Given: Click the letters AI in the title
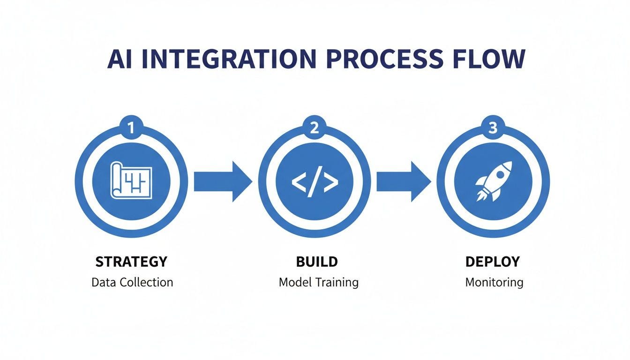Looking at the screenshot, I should click(119, 59).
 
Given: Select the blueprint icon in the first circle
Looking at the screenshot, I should click(131, 180).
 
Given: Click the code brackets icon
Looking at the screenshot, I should click(315, 181).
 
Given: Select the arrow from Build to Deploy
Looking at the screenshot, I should click(403, 181).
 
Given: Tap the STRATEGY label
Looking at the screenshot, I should click(131, 262).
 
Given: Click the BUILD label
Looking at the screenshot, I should click(317, 262).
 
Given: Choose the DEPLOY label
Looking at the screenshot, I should click(493, 262).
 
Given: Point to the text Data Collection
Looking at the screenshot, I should click(132, 282).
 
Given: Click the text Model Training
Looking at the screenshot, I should click(318, 282).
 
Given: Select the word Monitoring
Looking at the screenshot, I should click(494, 282).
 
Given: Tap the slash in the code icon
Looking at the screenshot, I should click(315, 181).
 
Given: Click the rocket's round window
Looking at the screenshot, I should click(500, 173).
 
